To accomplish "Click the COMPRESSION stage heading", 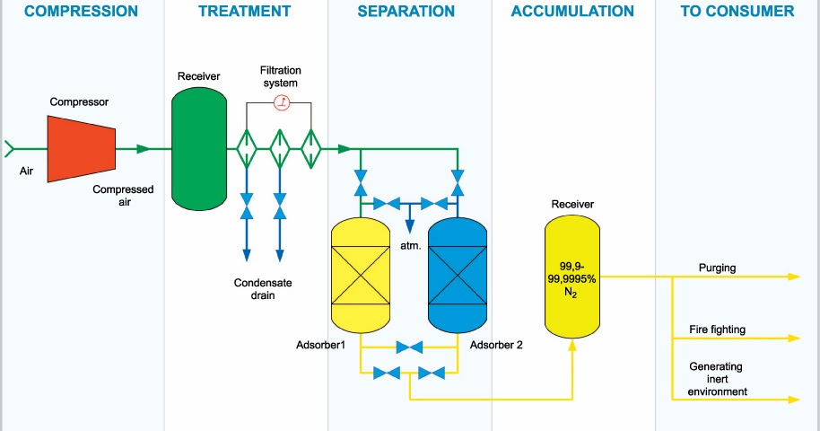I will coord(82,12).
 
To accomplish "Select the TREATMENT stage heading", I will coord(245,12).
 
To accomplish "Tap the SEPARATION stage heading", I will coord(406,12).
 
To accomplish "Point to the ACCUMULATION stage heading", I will coord(572,12).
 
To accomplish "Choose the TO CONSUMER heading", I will coord(737,12).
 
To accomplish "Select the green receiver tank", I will coord(199,149).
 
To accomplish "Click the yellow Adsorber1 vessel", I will coord(360,274).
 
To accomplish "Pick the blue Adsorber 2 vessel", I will coord(458,274).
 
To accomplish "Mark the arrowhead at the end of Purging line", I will coord(793,277).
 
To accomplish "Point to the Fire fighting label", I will coord(717,330).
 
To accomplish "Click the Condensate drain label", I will coord(263,288).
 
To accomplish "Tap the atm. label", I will coord(411,242).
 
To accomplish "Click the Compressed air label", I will coord(123,196).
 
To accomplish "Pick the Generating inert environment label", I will coord(718,379).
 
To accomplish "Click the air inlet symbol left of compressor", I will coord(10,148).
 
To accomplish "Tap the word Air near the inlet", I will coord(26,171).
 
